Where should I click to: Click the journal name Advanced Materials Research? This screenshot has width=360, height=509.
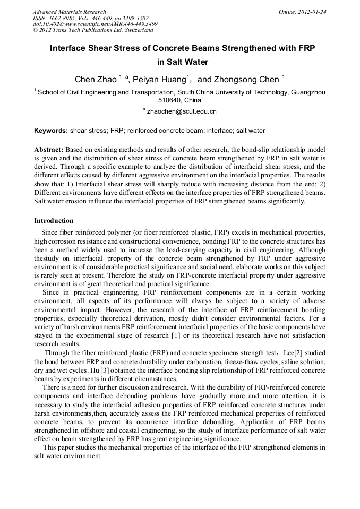click(69, 12)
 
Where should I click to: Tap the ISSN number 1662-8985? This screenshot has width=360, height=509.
click(62, 18)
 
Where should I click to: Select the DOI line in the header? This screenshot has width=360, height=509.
click(95, 24)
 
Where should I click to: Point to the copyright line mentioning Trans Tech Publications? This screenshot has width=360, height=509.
click(92, 30)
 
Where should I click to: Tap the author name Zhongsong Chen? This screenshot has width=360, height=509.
click(246, 80)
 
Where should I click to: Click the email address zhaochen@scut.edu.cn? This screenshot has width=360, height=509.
click(182, 111)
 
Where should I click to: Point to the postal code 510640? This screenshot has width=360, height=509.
click(170, 100)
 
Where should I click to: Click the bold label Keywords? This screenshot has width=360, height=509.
click(51, 130)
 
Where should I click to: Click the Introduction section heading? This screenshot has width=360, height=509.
click(54, 220)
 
